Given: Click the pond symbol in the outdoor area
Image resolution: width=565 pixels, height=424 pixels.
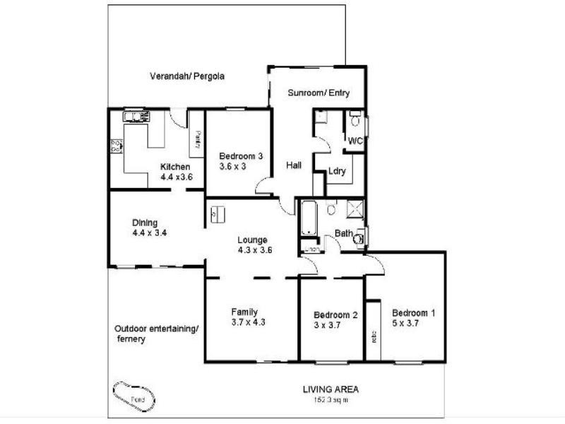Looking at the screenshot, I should (x=134, y=395).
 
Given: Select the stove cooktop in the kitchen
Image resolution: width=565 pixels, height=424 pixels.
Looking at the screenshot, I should (x=115, y=146).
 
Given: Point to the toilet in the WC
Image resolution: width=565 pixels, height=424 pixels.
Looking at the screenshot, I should (x=355, y=120).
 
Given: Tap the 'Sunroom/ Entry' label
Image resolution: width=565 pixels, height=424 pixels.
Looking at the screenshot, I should (x=319, y=93).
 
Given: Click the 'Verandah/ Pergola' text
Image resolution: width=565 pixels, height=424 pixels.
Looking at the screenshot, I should (x=187, y=76).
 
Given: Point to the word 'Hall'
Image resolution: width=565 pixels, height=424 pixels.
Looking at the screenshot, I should (x=295, y=165).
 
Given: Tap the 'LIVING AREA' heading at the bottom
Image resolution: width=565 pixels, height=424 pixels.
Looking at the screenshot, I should (x=331, y=389).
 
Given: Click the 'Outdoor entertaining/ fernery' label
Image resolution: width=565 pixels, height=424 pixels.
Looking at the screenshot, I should (x=157, y=334).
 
